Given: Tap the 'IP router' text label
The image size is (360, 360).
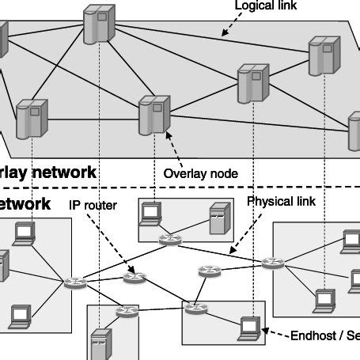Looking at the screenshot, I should [x=93, y=205].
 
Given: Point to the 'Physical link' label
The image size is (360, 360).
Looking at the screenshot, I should [x=282, y=201].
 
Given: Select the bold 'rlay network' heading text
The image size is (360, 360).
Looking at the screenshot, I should [x=47, y=172].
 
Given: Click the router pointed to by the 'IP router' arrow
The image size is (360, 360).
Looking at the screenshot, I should [x=135, y=278].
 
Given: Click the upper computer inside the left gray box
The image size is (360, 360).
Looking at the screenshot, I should [x=25, y=233].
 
